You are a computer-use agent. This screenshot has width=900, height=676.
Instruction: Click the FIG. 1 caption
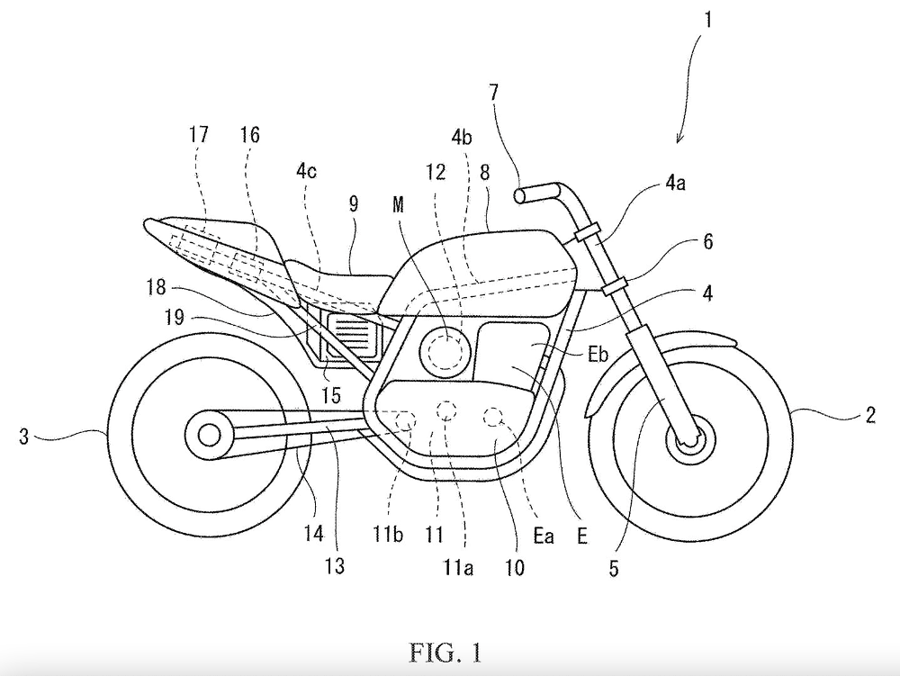pyautogui.click(x=449, y=646)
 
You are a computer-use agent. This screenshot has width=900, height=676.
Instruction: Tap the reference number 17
pyautogui.click(x=200, y=135)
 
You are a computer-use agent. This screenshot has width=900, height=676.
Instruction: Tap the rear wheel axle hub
pyautogui.click(x=210, y=436)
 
